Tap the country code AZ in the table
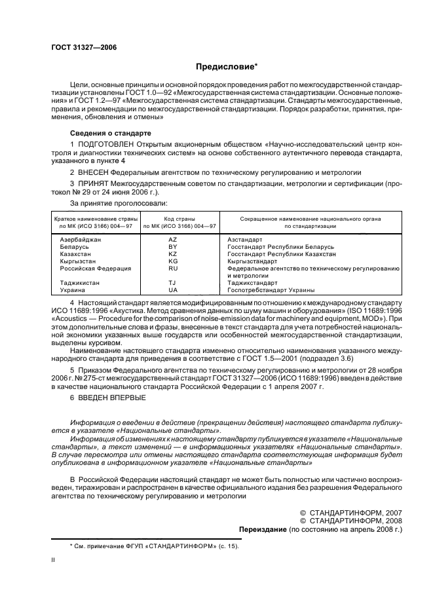pyautogui.click(x=173, y=240)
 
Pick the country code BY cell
pyautogui.click(x=173, y=246)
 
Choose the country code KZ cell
pyautogui.click(x=173, y=253)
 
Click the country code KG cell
pyautogui.click(x=173, y=261)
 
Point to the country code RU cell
pyautogui.click(x=173, y=268)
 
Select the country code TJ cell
pyautogui.click(x=173, y=282)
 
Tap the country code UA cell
pyautogui.click(x=173, y=289)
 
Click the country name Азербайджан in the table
pyautogui.click(x=81, y=240)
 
